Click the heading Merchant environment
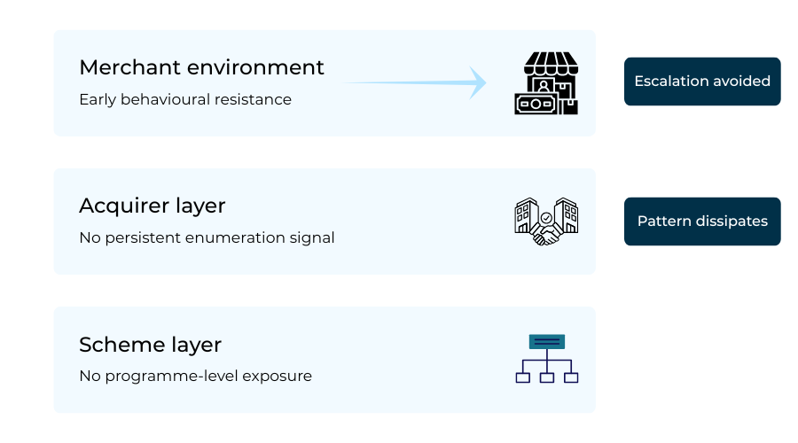(201, 67)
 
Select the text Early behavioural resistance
(185, 99)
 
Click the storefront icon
(546, 82)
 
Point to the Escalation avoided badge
(702, 82)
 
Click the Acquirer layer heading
(153, 206)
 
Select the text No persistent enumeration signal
(207, 237)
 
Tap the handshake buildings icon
(546, 221)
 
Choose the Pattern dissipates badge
(702, 221)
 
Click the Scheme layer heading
(150, 344)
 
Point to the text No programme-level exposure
(195, 376)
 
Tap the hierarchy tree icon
(546, 359)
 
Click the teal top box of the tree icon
(546, 342)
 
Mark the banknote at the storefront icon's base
(536, 104)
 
